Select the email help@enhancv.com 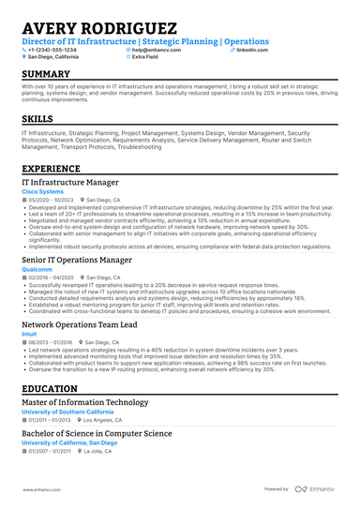coord(156,49)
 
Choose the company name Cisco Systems coord(43,192)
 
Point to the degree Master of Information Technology coord(84,402)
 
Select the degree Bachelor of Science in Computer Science coord(97,433)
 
